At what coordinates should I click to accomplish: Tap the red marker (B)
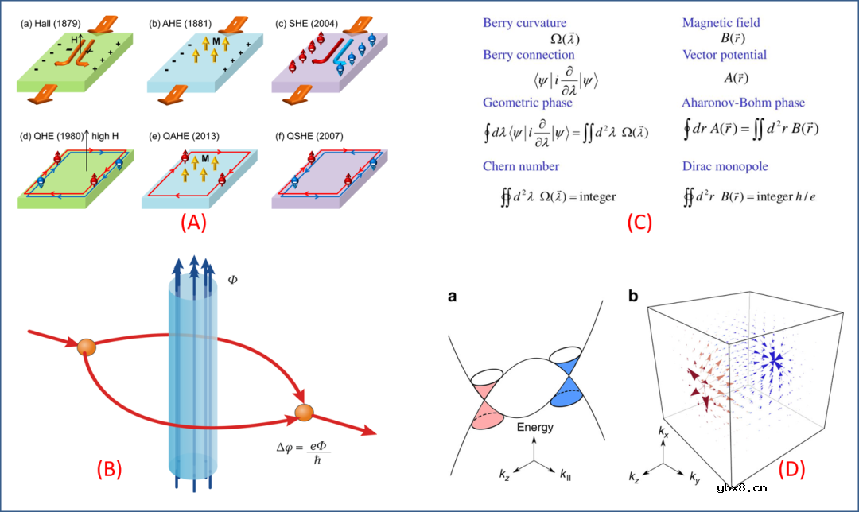point(108,469)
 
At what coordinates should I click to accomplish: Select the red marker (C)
point(639,223)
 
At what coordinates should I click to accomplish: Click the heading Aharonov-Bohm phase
point(743,103)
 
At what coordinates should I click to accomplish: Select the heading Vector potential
point(725,55)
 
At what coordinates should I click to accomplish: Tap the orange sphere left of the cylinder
point(87,347)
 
